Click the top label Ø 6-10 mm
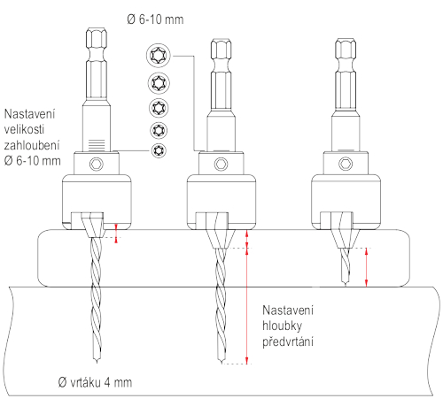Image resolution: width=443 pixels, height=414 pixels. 155,19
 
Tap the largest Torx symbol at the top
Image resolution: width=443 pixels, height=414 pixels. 159,55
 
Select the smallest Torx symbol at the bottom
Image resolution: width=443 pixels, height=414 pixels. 159,150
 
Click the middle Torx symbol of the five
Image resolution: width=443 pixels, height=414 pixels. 159,108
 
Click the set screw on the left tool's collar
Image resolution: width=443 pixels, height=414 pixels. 97,164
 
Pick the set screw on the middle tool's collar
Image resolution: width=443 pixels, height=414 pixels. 221,164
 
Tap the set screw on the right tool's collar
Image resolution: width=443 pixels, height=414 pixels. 346,164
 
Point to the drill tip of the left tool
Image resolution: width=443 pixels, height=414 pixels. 97,362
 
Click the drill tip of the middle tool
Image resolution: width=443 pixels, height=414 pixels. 221,363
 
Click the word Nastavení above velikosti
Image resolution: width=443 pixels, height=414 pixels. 29,114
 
